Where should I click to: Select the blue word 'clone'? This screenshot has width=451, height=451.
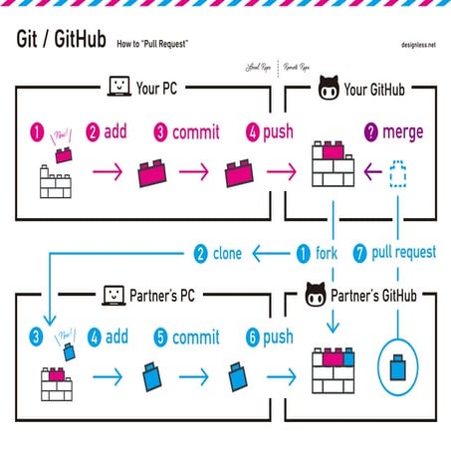(227, 253)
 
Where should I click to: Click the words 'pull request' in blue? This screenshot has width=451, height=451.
(404, 253)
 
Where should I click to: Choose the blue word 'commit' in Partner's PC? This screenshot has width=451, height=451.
(195, 338)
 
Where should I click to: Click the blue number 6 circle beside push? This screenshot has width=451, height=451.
(254, 338)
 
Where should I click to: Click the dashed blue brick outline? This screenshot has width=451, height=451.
(399, 176)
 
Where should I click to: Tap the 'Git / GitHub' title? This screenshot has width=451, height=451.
(61, 40)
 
